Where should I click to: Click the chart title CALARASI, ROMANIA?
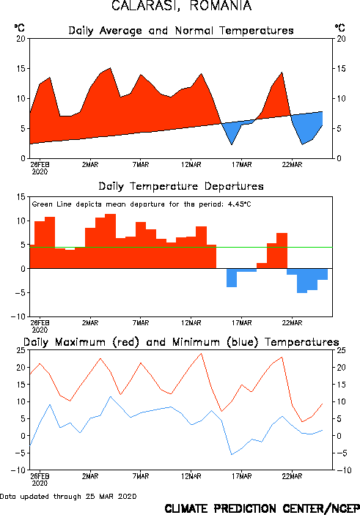click(x=182, y=6)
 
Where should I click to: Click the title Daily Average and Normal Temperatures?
click(x=181, y=31)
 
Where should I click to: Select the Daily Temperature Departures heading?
click(x=181, y=187)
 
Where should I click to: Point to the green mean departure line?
click(x=181, y=247)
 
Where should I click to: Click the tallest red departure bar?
click(x=111, y=241)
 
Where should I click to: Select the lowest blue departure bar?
click(x=302, y=281)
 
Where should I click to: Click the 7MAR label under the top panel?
click(x=141, y=165)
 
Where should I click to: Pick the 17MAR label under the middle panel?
click(x=242, y=323)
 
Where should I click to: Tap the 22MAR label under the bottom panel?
click(x=292, y=476)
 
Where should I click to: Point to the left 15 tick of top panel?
click(x=21, y=69)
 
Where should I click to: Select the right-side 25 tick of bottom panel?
click(x=341, y=350)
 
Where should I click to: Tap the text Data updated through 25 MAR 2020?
click(x=68, y=496)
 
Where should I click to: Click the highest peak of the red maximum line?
click(x=201, y=353)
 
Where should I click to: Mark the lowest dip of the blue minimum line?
click(x=232, y=455)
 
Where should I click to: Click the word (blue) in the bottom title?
click(x=243, y=342)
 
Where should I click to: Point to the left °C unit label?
click(x=20, y=27)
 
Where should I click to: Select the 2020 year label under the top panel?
click(x=40, y=171)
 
